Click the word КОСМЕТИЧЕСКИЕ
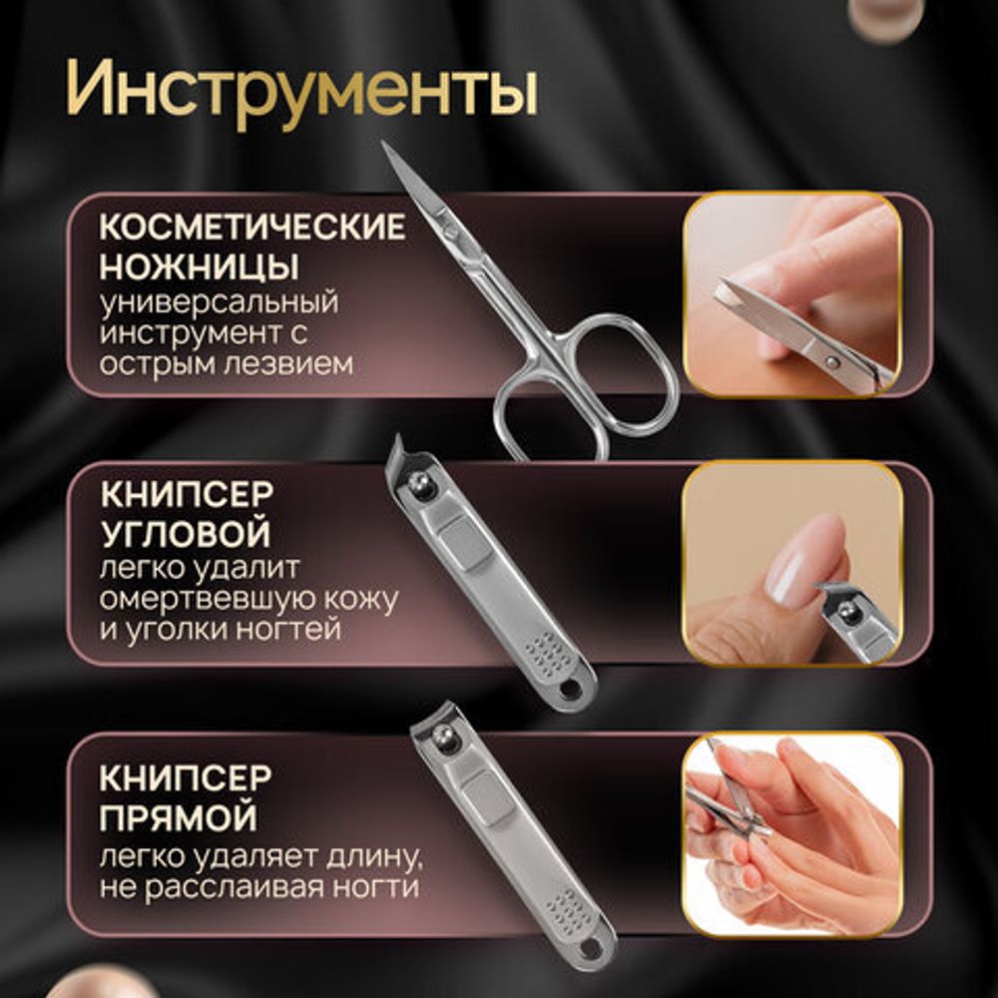(251, 228)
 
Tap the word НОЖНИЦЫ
(200, 266)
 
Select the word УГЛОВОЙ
(185, 534)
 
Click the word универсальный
(219, 300)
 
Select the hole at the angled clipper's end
(572, 690)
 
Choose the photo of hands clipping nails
(791, 834)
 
